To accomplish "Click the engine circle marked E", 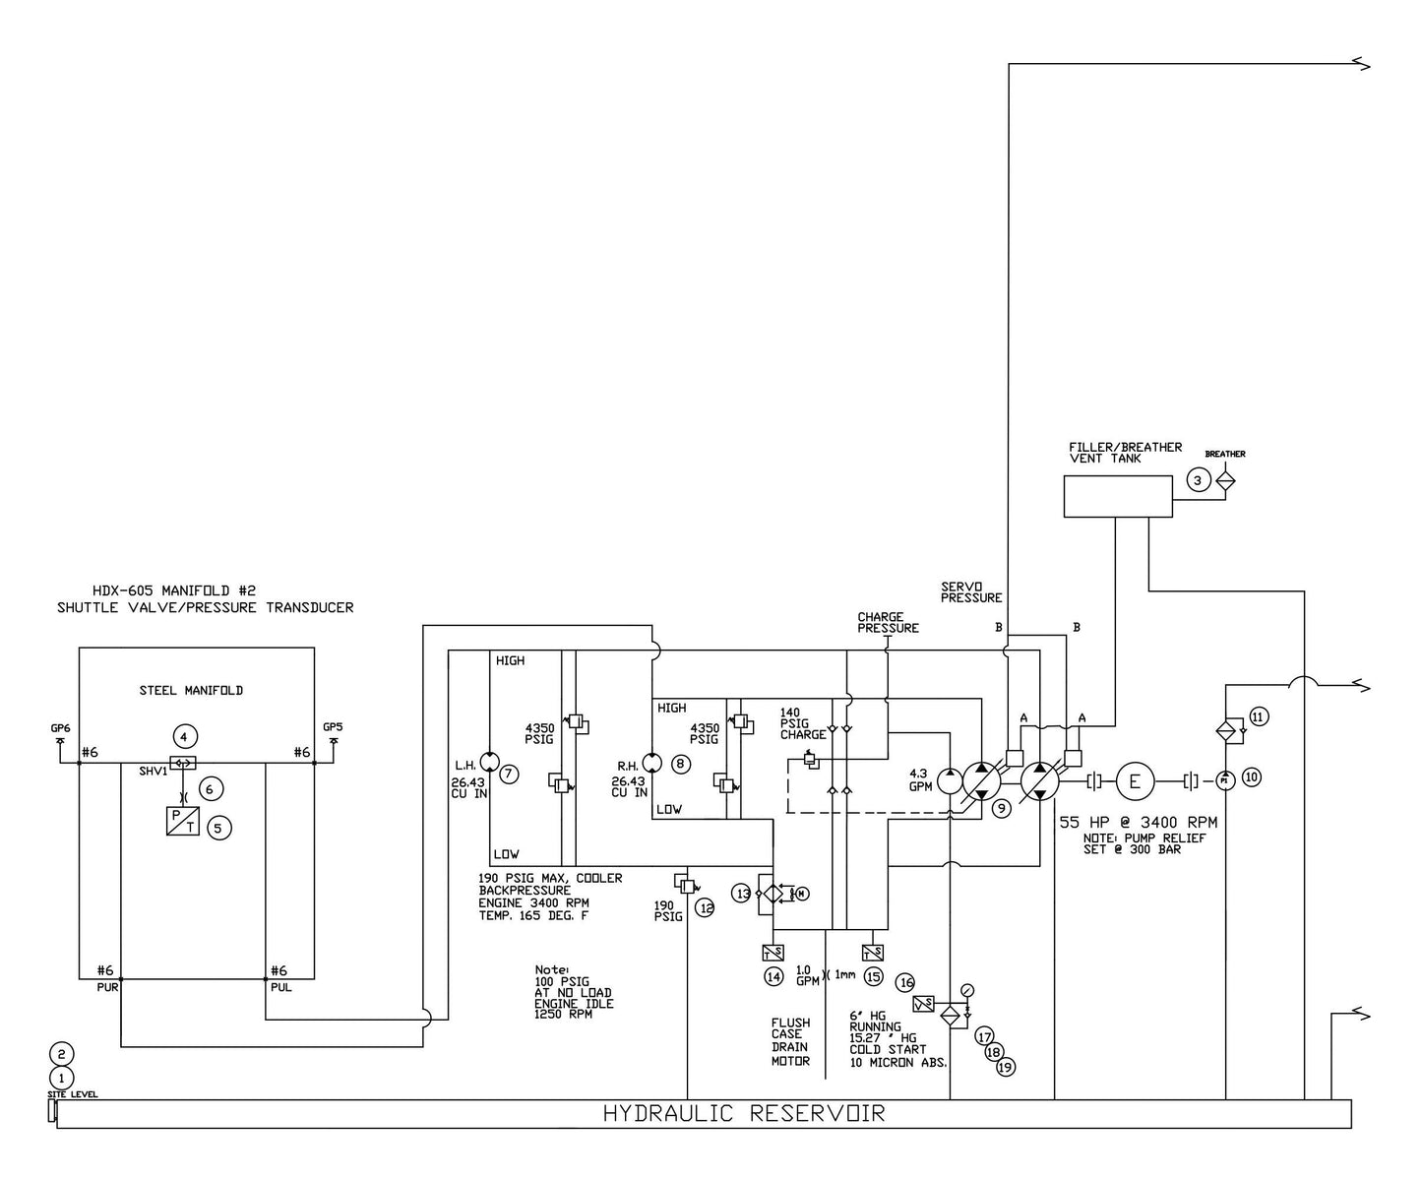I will tap(1135, 782).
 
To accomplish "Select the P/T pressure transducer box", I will tap(183, 821).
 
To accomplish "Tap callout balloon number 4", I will tap(182, 734).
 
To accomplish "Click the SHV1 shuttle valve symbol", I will tap(182, 763).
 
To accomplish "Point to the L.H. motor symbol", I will tap(490, 764).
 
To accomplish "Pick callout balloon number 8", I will tap(681, 764).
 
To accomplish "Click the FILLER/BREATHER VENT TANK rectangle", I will tap(1117, 496).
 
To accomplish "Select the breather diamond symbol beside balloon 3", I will tap(1225, 480).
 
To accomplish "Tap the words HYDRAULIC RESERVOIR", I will tap(744, 1114).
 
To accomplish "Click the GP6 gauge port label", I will tap(60, 727).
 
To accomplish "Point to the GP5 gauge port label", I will tap(333, 727).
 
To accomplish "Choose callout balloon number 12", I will tap(706, 908).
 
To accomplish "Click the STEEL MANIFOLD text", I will tap(191, 691).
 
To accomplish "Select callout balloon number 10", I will tap(1251, 776).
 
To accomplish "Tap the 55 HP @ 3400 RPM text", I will tap(1138, 823).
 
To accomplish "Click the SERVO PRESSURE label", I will tap(970, 591).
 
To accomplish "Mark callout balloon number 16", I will tap(905, 982).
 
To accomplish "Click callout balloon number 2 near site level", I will tap(61, 1052).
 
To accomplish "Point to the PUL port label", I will tap(280, 986).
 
